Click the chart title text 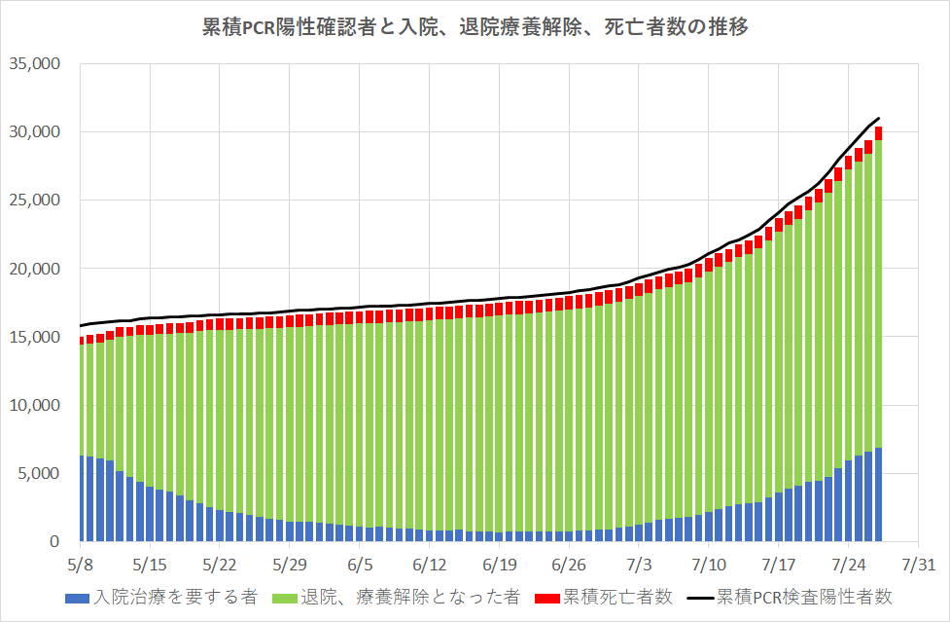[474, 27]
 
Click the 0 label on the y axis [56, 542]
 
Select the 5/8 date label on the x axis [81, 565]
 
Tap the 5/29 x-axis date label [290, 565]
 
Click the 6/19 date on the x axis [499, 565]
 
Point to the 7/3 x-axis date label [639, 565]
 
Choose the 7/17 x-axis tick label [779, 565]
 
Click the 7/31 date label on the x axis [919, 565]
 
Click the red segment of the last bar [878, 133]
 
